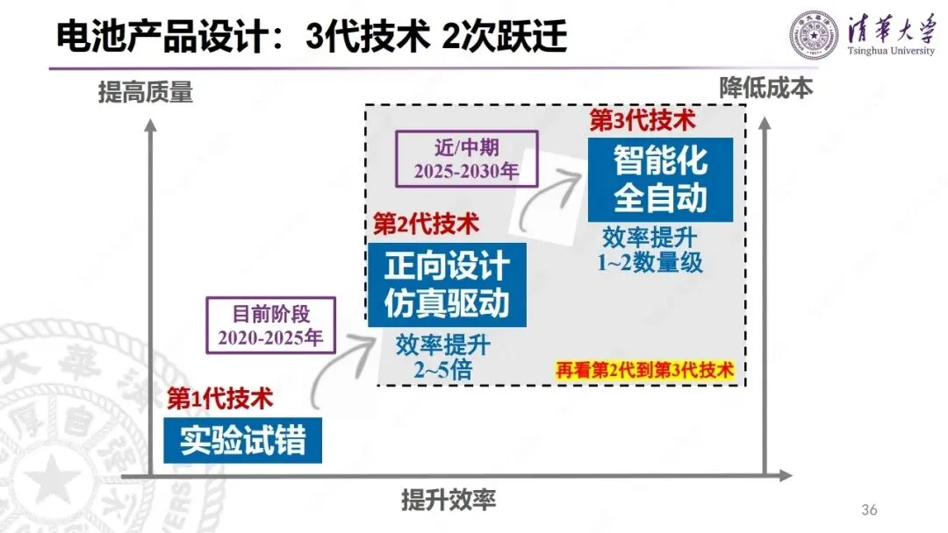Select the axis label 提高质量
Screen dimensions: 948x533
pos(146,92)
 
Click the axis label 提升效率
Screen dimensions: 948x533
pos(449,500)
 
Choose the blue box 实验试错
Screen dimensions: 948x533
pos(242,440)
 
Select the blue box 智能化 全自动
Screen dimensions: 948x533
pos(660,179)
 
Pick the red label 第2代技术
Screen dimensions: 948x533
pos(427,224)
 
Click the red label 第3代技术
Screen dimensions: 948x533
pos(643,120)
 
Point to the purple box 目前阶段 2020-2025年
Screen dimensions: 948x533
pos(270,324)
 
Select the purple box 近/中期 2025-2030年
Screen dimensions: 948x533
pos(464,157)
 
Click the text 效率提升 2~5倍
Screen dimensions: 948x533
pos(442,358)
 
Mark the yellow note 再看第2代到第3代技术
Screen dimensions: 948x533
pos(644,370)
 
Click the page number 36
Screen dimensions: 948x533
pos(869,510)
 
